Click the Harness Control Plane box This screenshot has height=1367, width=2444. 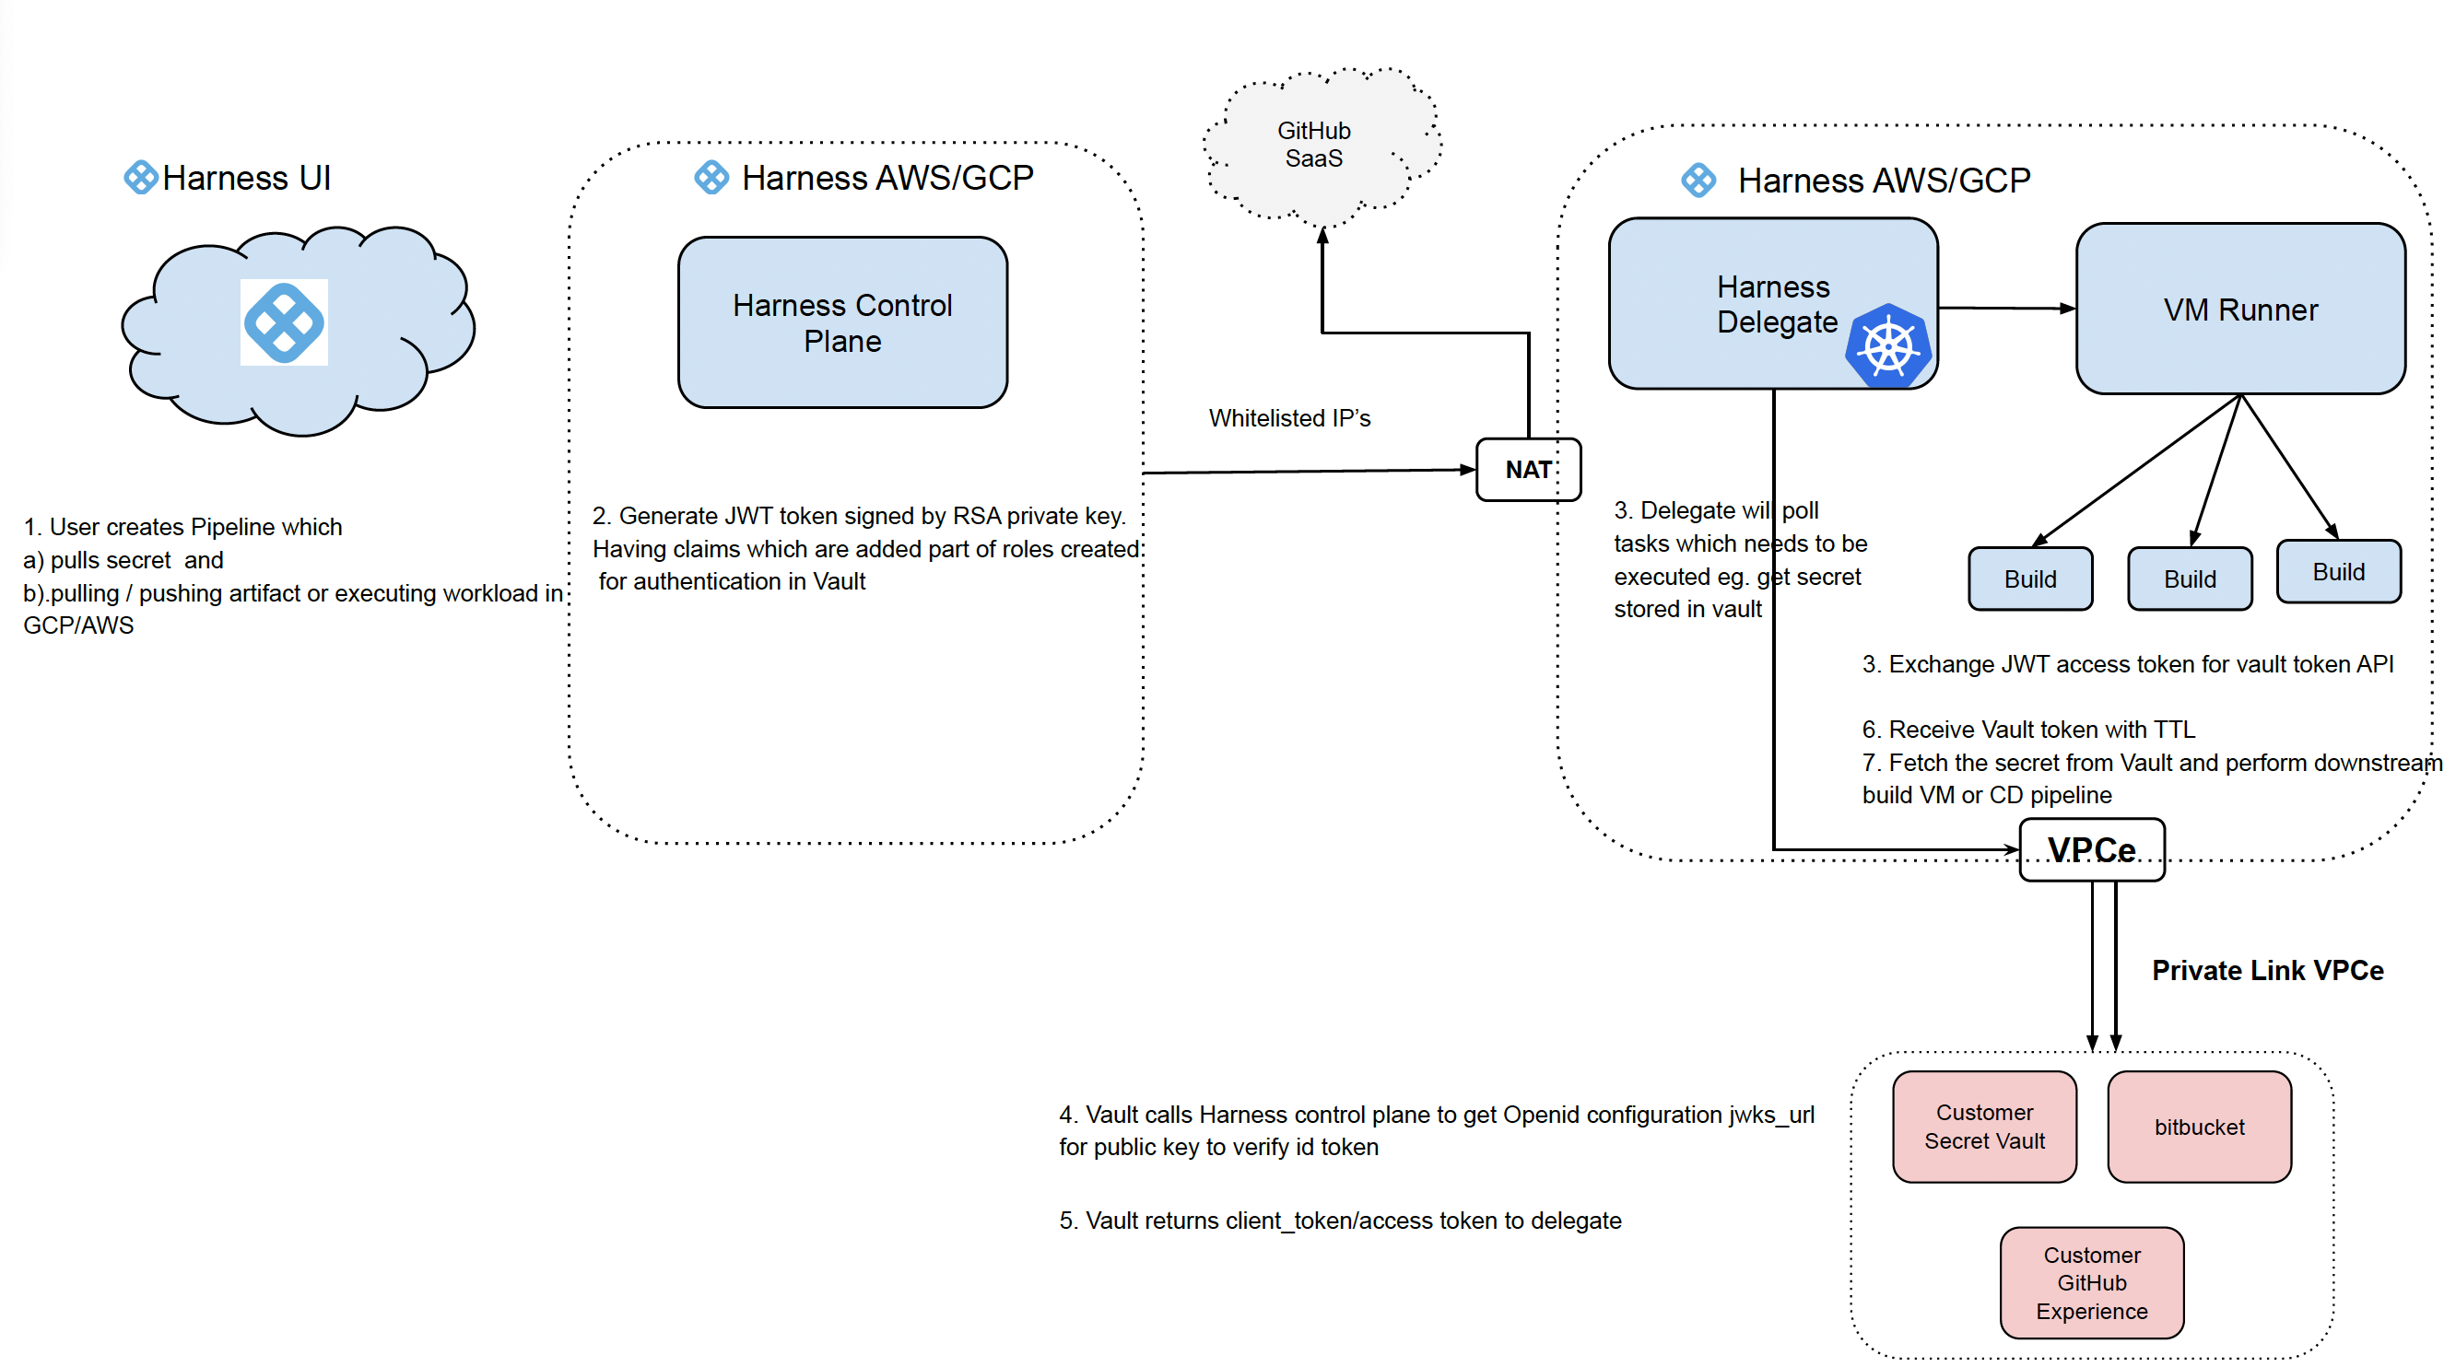click(x=842, y=322)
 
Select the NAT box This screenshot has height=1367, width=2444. click(x=1528, y=470)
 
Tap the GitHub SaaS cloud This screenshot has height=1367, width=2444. click(x=1314, y=145)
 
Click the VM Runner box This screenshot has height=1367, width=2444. click(x=2240, y=310)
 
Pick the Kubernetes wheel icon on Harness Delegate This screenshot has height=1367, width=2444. click(x=1888, y=346)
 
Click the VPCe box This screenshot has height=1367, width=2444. click(x=2091, y=850)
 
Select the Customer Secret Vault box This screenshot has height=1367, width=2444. click(x=1984, y=1127)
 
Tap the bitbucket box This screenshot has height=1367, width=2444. click(x=2199, y=1127)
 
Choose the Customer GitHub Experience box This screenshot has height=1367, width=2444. click(x=2091, y=1282)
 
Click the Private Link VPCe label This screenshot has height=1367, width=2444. click(x=2268, y=971)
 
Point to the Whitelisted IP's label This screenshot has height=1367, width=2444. click(x=1289, y=418)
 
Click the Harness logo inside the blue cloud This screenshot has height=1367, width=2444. click(x=284, y=322)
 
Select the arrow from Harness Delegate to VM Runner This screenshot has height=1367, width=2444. click(x=2005, y=309)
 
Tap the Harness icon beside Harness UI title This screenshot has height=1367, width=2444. click(x=140, y=178)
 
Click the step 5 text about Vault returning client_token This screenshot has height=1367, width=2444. click(x=1340, y=1221)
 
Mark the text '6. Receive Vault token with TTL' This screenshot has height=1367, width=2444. click(x=2028, y=730)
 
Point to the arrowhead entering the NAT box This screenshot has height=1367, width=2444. click(x=1468, y=470)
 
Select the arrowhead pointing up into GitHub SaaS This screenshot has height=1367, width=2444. click(x=1322, y=236)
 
